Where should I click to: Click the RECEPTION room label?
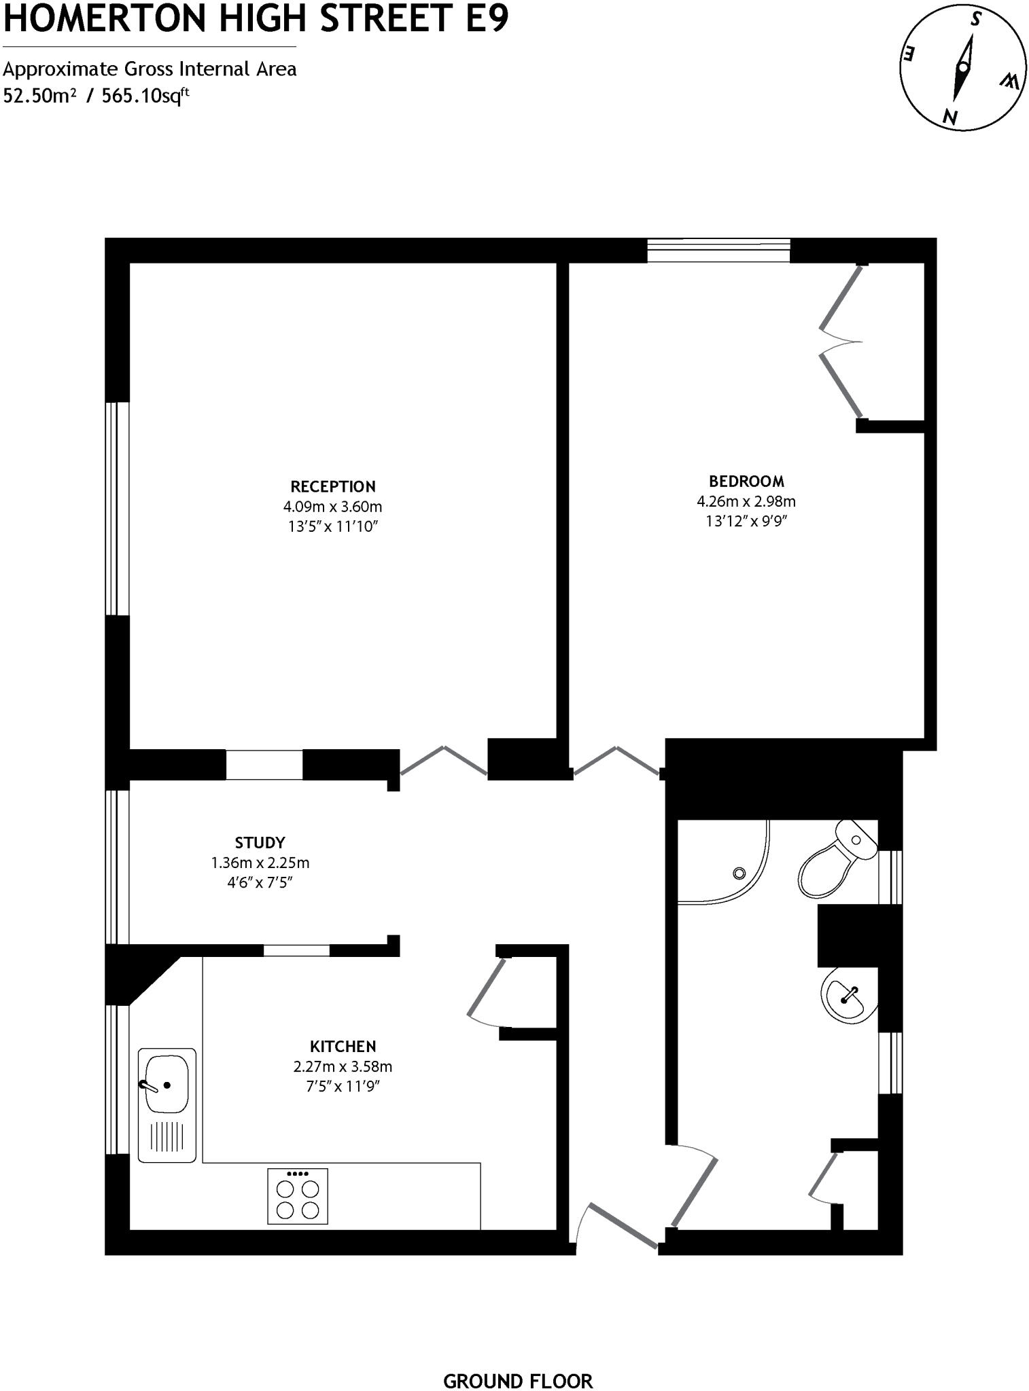pos(332,486)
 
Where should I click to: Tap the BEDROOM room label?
pos(746,481)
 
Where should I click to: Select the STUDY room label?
pos(260,843)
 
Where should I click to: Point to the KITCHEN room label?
pos(343,1046)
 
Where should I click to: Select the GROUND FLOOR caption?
pos(518,1362)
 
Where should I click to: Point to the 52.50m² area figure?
pos(39,95)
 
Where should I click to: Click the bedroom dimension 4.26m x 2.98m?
pos(746,501)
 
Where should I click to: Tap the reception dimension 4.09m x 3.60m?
pos(332,507)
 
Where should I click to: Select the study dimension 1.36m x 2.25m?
pos(260,863)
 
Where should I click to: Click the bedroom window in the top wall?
pos(718,250)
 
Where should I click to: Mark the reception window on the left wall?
pos(118,509)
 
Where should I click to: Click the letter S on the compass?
pos(976,20)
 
